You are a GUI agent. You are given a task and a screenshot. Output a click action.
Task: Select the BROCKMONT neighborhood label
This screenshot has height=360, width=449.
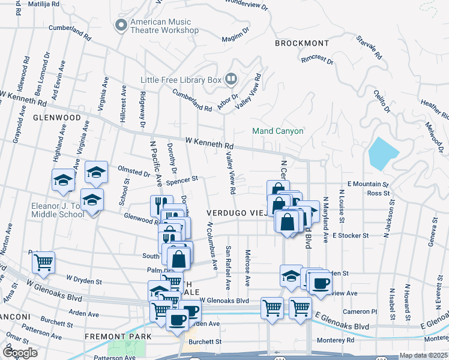coord(302,43)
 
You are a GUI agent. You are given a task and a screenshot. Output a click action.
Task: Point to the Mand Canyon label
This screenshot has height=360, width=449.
coord(277,131)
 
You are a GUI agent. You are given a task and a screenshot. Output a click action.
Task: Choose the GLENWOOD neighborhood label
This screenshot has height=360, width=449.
coord(57,118)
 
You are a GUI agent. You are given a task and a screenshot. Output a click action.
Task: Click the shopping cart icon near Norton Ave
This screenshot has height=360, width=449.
coord(43,262)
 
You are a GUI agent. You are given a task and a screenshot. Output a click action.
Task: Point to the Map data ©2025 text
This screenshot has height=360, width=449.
coord(424,355)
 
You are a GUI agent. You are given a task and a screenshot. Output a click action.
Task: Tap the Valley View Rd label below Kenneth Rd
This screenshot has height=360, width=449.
coord(230,172)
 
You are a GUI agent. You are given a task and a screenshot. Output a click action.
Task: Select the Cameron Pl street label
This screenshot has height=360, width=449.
coord(359,311)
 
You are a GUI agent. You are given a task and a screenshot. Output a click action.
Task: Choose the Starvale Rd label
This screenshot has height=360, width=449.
coord(369,48)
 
